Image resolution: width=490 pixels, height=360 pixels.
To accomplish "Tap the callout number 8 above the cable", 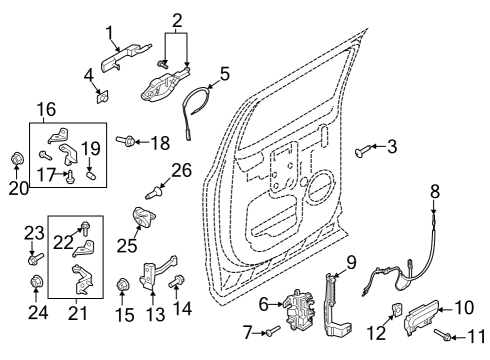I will [435, 190].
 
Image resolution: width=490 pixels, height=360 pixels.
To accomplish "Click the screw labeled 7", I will [274, 332].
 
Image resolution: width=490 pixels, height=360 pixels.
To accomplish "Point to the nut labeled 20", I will [17, 158].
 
